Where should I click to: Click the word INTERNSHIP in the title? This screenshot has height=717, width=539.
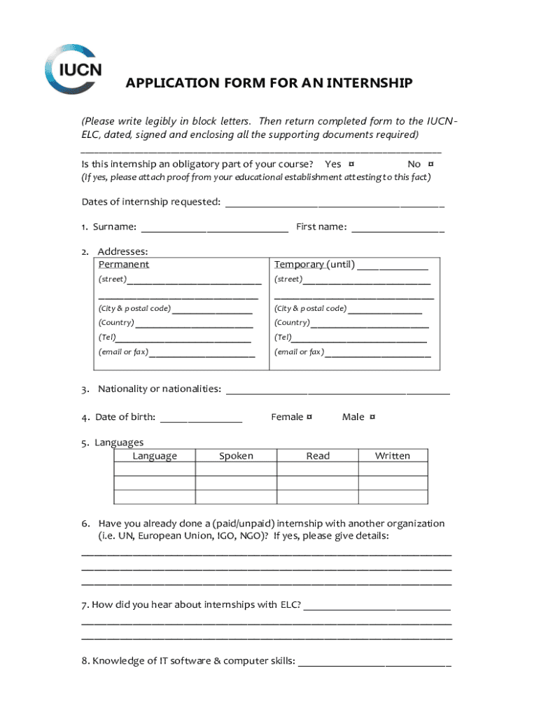pyautogui.click(x=369, y=84)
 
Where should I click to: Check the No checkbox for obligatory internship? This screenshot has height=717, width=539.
pyautogui.click(x=430, y=164)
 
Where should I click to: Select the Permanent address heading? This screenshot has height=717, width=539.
pyautogui.click(x=124, y=265)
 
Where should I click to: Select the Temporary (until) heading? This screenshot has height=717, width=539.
pyautogui.click(x=314, y=265)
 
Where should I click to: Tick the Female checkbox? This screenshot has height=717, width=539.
pyautogui.click(x=309, y=417)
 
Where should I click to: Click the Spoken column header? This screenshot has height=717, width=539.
pyautogui.click(x=236, y=456)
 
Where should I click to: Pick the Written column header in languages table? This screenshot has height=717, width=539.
pyautogui.click(x=392, y=456)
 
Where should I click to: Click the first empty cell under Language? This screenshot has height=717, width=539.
pyautogui.click(x=155, y=470)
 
